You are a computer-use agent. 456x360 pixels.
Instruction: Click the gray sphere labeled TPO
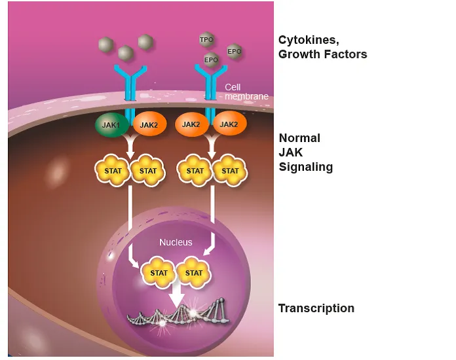point(206,40)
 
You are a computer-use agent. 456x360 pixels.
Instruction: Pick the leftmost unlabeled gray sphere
point(105,45)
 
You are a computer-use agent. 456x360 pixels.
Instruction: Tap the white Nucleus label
point(176,242)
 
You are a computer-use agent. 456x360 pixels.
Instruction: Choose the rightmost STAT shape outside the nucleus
point(230,171)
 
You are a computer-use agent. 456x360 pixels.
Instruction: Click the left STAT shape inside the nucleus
point(159,272)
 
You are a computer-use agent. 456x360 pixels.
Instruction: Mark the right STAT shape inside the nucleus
point(194,272)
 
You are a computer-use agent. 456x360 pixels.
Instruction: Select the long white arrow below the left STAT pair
point(132,223)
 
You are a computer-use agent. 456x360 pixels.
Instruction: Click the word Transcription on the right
point(316,308)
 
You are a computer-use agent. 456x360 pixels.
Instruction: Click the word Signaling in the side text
point(305,167)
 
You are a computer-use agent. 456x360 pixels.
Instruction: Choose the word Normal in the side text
point(299,138)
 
